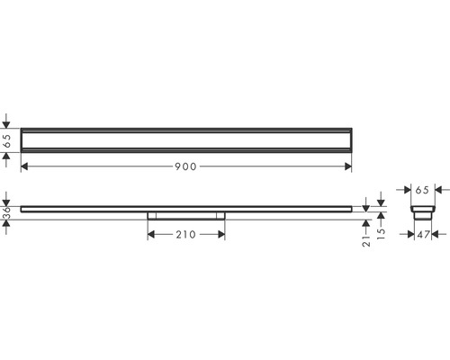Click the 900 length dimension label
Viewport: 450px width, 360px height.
click(x=185, y=166)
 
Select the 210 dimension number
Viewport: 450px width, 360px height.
click(x=185, y=235)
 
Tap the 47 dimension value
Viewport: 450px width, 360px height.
click(x=423, y=235)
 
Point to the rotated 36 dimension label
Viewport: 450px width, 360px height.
click(x=6, y=212)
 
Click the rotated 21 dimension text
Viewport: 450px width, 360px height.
click(x=366, y=241)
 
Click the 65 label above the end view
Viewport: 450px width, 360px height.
click(x=422, y=190)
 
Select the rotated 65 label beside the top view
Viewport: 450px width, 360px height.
click(x=6, y=140)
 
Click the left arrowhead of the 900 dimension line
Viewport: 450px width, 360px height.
click(x=24, y=166)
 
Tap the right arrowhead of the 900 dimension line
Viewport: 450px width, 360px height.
click(x=348, y=166)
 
